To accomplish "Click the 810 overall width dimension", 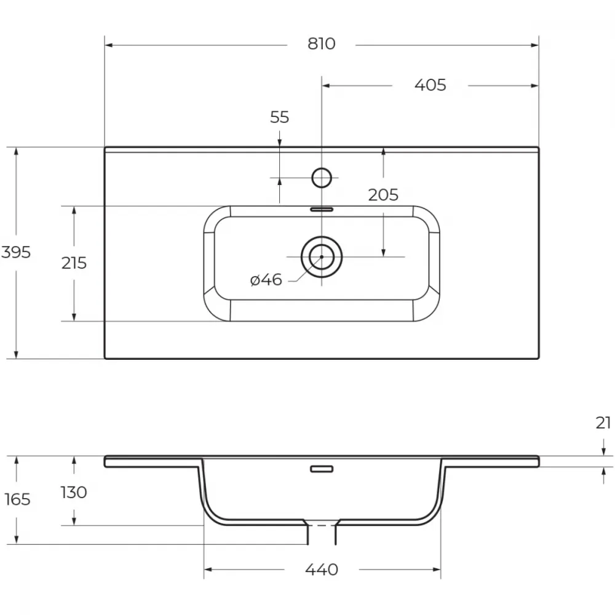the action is click(x=321, y=44).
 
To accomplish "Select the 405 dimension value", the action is click(x=430, y=85).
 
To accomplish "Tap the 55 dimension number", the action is click(x=279, y=117).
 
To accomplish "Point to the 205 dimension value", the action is click(x=383, y=194).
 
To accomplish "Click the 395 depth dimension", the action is click(x=16, y=252).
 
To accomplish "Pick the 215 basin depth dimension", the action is click(x=74, y=263).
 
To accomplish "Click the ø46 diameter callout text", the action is click(x=266, y=280).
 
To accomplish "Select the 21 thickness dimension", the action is click(x=603, y=423).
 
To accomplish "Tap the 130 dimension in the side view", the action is click(x=74, y=492).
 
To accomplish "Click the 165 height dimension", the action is click(x=17, y=499).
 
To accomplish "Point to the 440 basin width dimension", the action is click(x=321, y=569).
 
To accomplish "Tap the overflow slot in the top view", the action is click(x=322, y=210).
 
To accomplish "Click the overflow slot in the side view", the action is click(x=322, y=469).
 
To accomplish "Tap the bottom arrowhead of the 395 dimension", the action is click(x=16, y=354).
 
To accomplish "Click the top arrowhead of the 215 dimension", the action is click(x=74, y=210).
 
